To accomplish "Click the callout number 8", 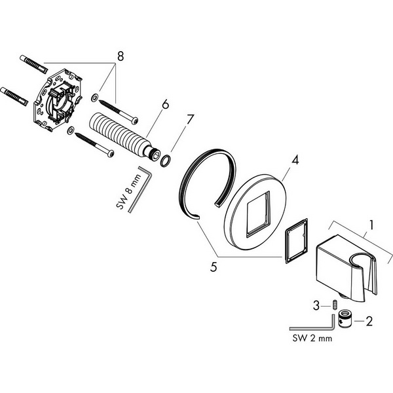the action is click(x=121, y=56).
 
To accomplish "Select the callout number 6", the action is click(x=166, y=104).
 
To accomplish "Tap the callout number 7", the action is click(x=191, y=120).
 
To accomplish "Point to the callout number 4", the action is click(x=296, y=160).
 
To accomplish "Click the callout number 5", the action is click(x=214, y=267).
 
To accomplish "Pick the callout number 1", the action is click(x=371, y=225).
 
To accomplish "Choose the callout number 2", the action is click(x=369, y=322).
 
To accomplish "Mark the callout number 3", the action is click(x=316, y=306).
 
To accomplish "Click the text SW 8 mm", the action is click(x=129, y=192).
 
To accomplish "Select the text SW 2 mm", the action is click(x=312, y=339).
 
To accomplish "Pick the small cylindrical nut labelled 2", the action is click(x=345, y=319).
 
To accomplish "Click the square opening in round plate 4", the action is click(x=258, y=214).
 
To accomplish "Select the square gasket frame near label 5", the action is click(x=296, y=241).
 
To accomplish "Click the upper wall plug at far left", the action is click(x=33, y=64).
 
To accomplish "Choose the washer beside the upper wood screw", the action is click(x=94, y=98).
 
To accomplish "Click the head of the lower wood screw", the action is click(x=111, y=153).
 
